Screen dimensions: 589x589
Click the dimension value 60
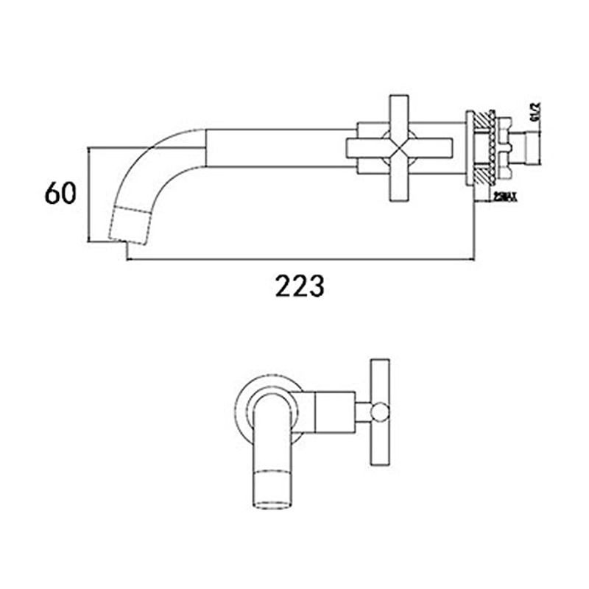click(60, 194)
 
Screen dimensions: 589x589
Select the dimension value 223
click(300, 285)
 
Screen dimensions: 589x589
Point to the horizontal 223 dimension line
click(294, 259)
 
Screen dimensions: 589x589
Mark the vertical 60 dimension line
click(88, 194)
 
